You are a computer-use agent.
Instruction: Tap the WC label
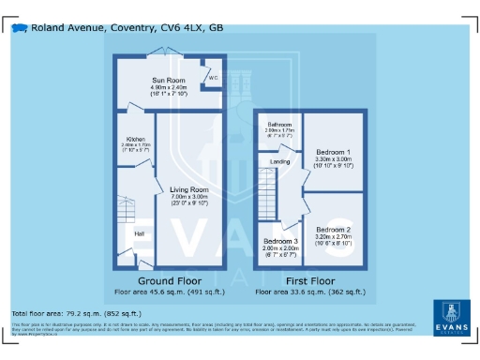213,77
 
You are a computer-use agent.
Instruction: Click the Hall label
138,232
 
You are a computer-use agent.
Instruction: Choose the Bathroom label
279,125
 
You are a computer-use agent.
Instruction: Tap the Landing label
279,161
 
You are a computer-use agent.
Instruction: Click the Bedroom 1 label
333,152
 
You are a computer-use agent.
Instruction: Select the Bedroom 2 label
333,230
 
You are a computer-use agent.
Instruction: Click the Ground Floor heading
171,280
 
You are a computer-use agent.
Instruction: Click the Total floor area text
76,313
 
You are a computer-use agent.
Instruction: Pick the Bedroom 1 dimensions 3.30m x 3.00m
333,159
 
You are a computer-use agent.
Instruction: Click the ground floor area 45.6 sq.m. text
169,291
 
